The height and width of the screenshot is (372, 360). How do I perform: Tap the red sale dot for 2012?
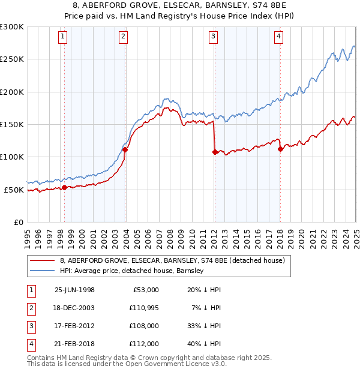click(215, 152)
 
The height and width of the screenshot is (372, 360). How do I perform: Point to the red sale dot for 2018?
click(280, 149)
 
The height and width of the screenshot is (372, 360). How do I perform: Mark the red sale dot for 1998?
click(65, 188)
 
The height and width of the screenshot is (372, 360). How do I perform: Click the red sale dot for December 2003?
click(125, 150)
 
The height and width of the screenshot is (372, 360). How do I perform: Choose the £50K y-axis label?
click(14, 190)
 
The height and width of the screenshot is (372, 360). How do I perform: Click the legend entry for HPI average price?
click(132, 271)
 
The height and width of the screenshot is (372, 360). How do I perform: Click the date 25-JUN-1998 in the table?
click(74, 290)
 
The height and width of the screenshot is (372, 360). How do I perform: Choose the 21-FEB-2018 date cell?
click(74, 344)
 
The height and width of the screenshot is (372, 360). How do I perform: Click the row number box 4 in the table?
click(29, 344)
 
